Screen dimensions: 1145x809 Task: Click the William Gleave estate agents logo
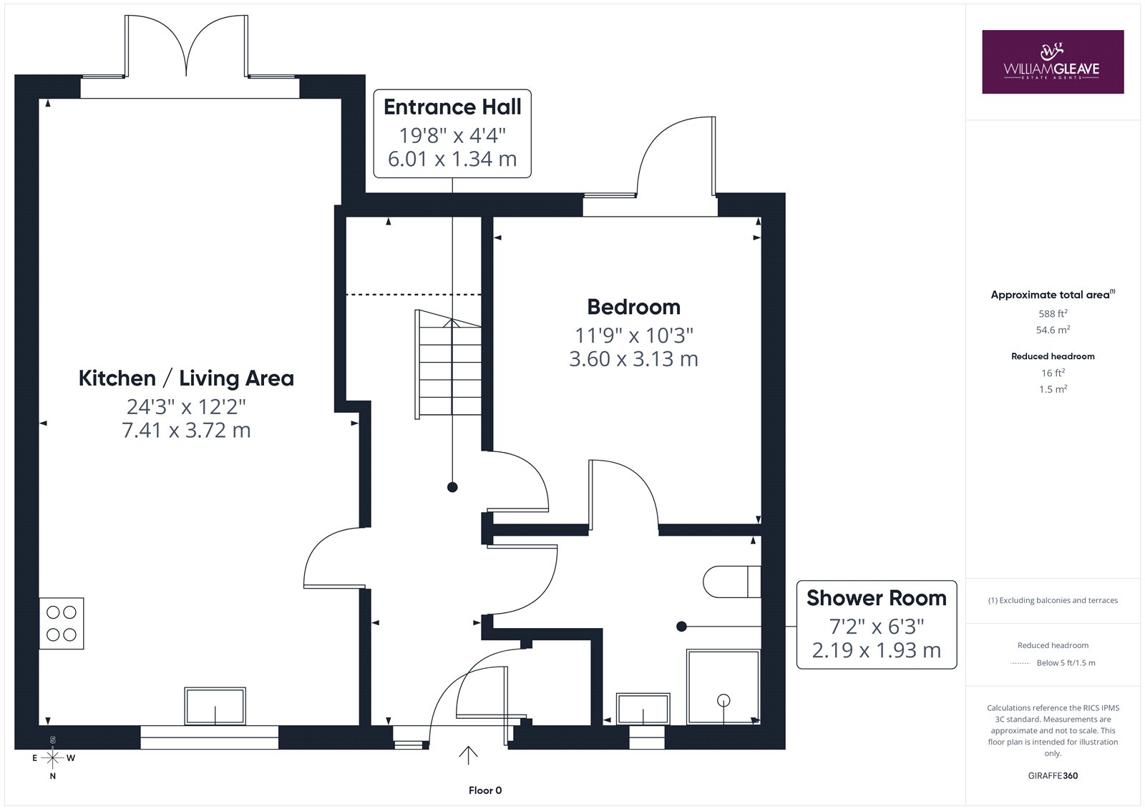click(x=1053, y=62)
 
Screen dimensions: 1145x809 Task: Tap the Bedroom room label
click(x=633, y=307)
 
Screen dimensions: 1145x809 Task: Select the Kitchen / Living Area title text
click(x=186, y=378)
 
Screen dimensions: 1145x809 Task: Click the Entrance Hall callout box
click(x=452, y=134)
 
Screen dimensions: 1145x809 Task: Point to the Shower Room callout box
click(x=877, y=624)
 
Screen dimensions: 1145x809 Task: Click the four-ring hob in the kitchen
click(x=62, y=624)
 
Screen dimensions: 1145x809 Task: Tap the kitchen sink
click(x=215, y=706)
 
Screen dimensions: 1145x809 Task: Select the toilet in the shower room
click(x=732, y=582)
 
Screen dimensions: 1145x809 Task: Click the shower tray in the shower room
click(x=723, y=687)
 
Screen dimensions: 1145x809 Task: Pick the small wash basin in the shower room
click(x=643, y=708)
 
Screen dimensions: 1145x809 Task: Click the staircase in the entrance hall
click(x=448, y=364)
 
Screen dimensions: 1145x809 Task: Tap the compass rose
click(x=53, y=758)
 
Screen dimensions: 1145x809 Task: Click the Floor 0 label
click(x=485, y=790)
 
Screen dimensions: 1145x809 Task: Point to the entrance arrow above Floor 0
click(x=468, y=755)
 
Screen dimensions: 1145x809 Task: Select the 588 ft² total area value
click(x=1053, y=313)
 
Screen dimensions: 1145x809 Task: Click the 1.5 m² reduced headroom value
click(x=1053, y=389)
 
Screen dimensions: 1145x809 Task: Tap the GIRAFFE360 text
click(x=1053, y=776)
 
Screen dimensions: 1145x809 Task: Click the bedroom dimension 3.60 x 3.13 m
click(x=633, y=359)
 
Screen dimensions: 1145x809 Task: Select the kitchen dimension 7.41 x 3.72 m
click(x=186, y=431)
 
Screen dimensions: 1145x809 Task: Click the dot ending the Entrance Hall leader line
click(x=452, y=488)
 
